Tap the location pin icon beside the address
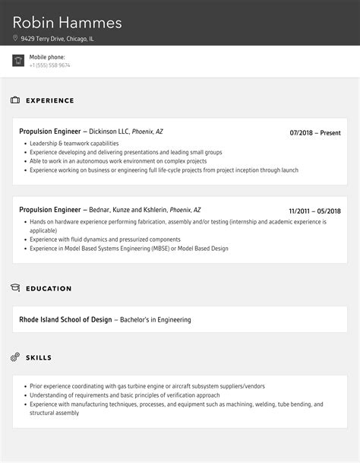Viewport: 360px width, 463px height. point(15,38)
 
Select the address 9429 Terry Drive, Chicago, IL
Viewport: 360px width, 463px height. point(58,38)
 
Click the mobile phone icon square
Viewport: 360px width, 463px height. point(18,61)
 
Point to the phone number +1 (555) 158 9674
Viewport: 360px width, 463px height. point(50,65)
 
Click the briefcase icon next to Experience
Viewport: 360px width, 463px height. point(15,100)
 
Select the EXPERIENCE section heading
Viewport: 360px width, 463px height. point(50,100)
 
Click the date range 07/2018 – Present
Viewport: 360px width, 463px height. point(315,132)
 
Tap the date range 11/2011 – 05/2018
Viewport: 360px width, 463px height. point(314,211)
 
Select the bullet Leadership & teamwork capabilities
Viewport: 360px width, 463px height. point(74,143)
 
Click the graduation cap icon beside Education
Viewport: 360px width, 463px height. point(15,288)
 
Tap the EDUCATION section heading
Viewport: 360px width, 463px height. point(49,288)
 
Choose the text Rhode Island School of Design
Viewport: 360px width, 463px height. point(65,320)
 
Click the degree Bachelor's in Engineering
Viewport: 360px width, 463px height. point(155,320)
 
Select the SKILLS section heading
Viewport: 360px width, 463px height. point(39,357)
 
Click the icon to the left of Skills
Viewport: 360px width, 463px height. point(15,357)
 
